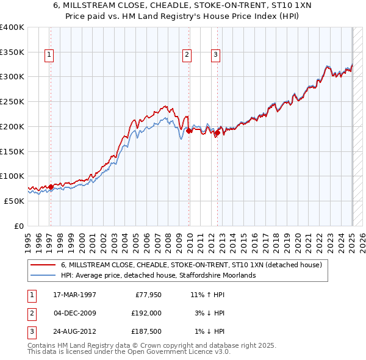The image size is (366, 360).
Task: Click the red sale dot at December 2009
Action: [189, 131]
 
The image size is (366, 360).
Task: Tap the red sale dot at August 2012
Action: [218, 132]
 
